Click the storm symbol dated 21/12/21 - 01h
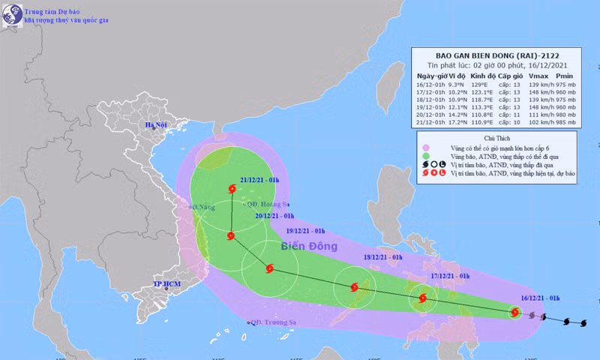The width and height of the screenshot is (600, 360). click(x=231, y=191)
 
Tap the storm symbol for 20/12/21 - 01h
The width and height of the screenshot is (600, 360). click(x=231, y=236)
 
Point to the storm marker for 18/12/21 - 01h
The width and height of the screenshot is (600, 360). click(x=355, y=287)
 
